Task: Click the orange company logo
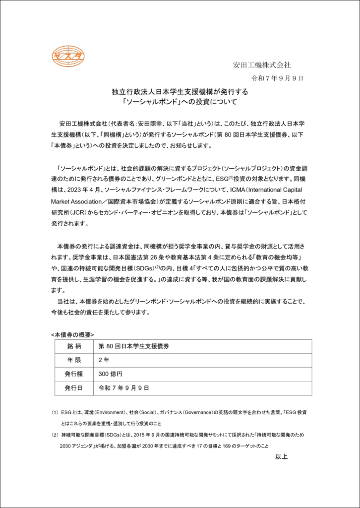tap(68, 57)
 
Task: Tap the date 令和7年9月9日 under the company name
tap(278, 78)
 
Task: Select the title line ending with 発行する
tap(180, 92)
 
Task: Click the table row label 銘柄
tap(73, 346)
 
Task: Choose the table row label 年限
tap(73, 360)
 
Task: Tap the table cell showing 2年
tap(104, 360)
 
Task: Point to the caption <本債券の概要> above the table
tap(72, 334)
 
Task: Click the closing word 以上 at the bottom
tap(281, 457)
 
